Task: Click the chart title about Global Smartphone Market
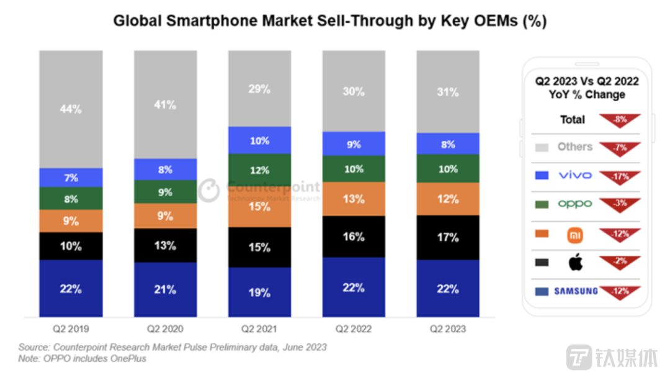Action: click(x=329, y=22)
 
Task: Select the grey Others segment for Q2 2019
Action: click(x=71, y=109)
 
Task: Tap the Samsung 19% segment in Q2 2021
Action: click(x=259, y=292)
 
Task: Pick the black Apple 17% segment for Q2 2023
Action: click(x=447, y=237)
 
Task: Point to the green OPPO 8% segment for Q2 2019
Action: click(x=71, y=199)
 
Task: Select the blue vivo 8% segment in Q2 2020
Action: click(x=165, y=169)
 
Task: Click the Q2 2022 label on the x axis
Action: click(x=353, y=328)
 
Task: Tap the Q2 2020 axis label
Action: click(x=165, y=328)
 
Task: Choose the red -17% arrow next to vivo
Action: click(x=620, y=176)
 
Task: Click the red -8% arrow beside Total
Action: click(x=620, y=120)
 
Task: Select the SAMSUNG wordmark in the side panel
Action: click(x=576, y=291)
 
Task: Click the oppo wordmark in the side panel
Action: click(x=575, y=204)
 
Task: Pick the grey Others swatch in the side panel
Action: click(x=542, y=148)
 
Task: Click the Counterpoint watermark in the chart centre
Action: click(x=261, y=189)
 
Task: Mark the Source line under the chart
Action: click(x=172, y=347)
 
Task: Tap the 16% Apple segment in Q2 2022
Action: click(x=353, y=237)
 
